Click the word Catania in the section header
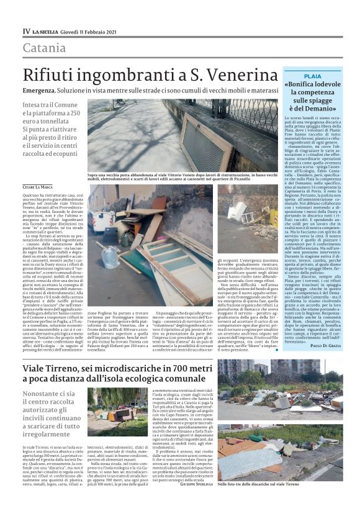tap(44, 48)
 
